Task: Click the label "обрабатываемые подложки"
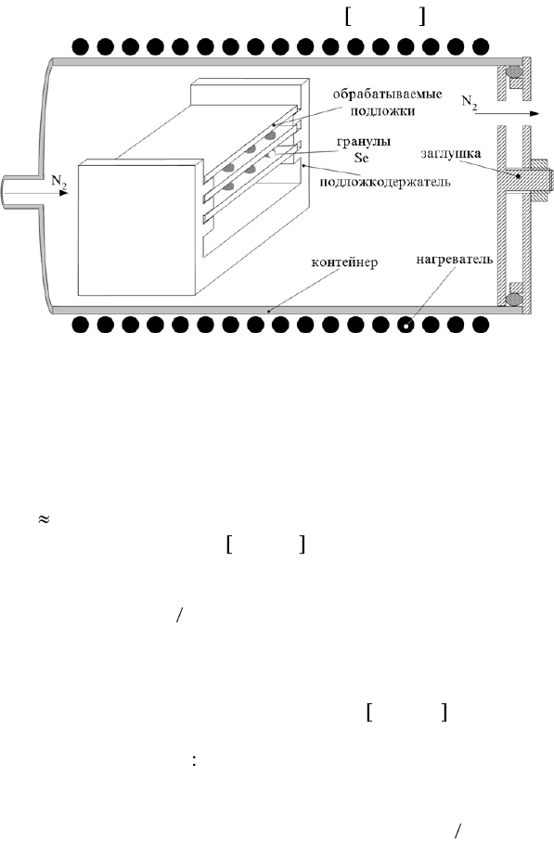pos(387,103)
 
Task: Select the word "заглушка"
pos(451,154)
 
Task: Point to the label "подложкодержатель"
pos(385,182)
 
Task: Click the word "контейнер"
pos(345,262)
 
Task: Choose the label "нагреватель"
pos(455,260)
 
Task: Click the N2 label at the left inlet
pos(59,182)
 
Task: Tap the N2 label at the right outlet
pos(470,102)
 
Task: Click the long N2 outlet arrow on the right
pos(507,113)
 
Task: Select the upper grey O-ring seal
pos(514,71)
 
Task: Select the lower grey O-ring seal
pos(515,298)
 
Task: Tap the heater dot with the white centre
pos(406,325)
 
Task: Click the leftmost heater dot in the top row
pos(80,46)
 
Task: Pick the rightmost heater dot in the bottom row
pos(481,325)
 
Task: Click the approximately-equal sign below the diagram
pos(44,519)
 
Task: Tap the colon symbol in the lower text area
pos(194,761)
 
